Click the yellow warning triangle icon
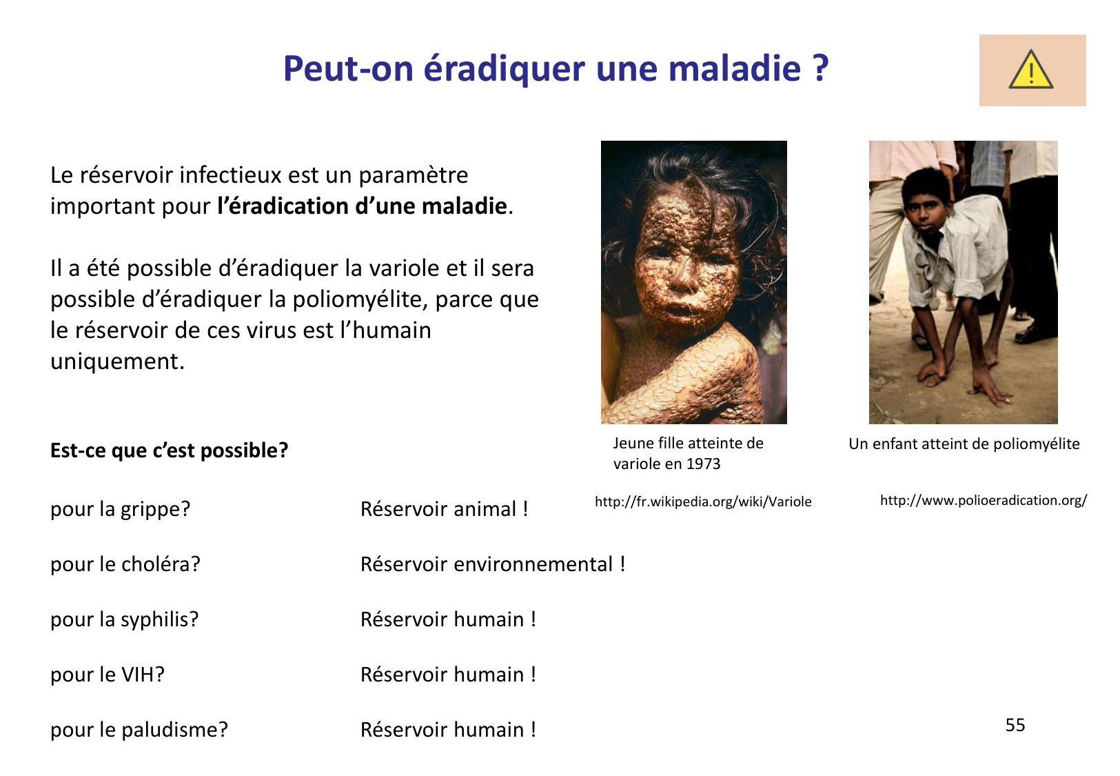point(1030,70)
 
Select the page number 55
point(1015,725)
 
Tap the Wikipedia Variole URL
point(702,501)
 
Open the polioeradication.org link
point(983,500)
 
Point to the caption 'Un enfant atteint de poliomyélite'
point(964,444)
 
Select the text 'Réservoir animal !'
point(444,509)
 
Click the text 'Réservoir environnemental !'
point(492,564)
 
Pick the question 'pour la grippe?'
point(120,509)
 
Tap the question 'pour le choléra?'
point(125,564)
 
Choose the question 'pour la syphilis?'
point(124,619)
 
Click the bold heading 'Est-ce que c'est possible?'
point(169,450)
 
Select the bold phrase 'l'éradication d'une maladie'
point(362,206)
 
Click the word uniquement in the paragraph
point(117,361)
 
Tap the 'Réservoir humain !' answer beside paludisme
point(448,730)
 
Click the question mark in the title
point(819,68)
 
